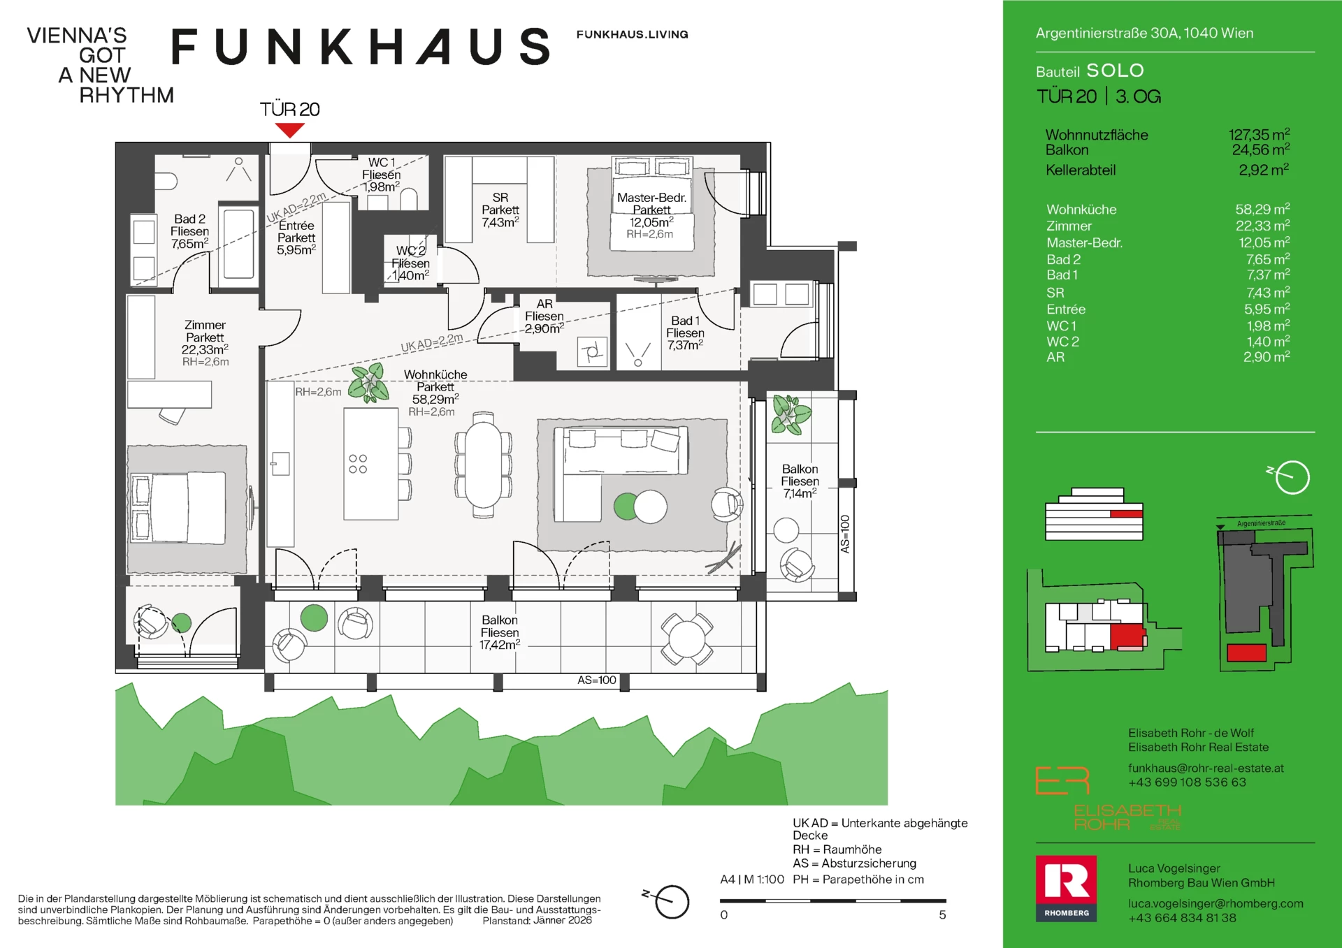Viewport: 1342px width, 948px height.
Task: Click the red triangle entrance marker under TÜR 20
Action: [x=289, y=130]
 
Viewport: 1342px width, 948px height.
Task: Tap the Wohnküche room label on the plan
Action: [x=435, y=375]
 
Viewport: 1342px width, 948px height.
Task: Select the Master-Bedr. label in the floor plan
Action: [x=651, y=198]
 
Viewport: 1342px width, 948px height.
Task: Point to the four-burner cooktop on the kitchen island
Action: [x=358, y=464]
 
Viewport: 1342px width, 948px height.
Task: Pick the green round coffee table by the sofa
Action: [x=626, y=506]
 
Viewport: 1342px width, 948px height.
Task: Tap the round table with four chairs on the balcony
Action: [x=687, y=638]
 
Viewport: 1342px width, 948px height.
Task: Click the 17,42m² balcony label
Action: [x=499, y=645]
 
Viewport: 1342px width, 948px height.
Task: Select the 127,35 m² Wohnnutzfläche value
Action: [x=1259, y=134]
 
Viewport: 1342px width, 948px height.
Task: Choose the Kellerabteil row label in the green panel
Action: [x=1081, y=170]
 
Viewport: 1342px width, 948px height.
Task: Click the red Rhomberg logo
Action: [x=1066, y=888]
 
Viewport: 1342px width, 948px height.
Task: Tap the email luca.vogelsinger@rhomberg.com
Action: [x=1215, y=903]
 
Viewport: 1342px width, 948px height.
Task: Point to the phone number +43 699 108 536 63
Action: [x=1187, y=782]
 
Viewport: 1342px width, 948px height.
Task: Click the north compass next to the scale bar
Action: [x=672, y=901]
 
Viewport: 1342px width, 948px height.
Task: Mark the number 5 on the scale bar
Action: [x=942, y=915]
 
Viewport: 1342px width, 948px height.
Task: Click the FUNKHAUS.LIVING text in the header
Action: [x=632, y=34]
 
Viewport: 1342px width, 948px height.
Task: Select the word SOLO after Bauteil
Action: [x=1115, y=71]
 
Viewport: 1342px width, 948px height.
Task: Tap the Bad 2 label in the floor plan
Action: [x=189, y=219]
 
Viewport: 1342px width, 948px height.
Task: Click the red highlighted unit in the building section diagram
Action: [x=1126, y=514]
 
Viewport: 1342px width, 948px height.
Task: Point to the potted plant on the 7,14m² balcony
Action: [x=790, y=415]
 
